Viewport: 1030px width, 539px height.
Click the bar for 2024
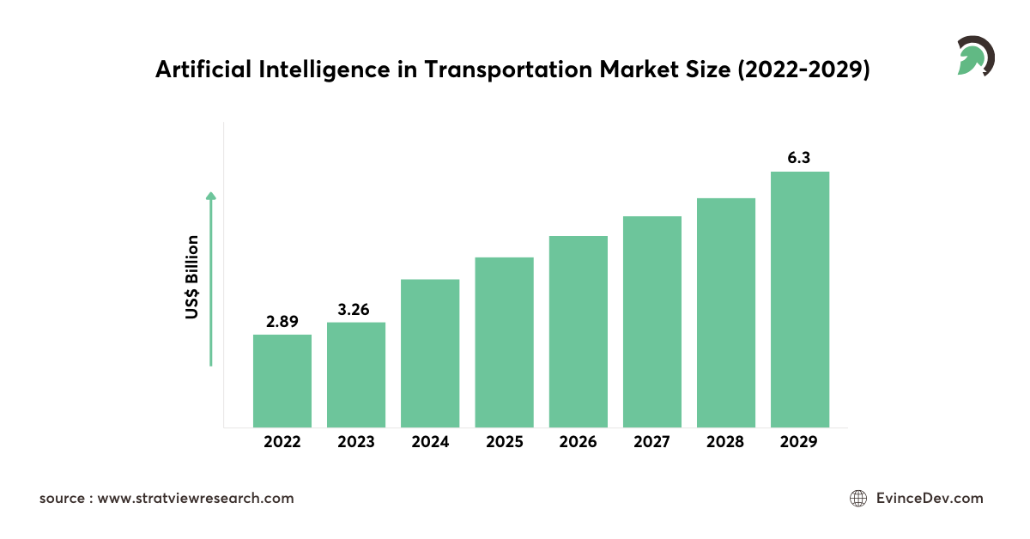click(430, 353)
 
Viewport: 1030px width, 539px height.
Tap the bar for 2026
click(579, 331)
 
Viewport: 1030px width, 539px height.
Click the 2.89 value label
click(282, 321)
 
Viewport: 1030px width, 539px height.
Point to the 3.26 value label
click(354, 310)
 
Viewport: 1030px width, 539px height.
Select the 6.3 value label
click(800, 158)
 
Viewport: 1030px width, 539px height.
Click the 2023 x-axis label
click(356, 443)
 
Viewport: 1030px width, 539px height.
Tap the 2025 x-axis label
click(505, 443)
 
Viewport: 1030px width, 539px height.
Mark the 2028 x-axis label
click(726, 443)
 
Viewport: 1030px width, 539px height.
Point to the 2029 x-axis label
click(800, 443)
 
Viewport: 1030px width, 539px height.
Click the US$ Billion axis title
click(192, 278)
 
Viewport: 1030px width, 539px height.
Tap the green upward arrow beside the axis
click(211, 279)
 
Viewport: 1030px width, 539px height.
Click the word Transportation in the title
click(506, 70)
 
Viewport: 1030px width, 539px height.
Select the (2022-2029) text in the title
click(803, 70)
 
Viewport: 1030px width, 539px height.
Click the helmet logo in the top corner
click(975, 57)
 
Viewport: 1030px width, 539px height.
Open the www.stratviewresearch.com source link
click(196, 499)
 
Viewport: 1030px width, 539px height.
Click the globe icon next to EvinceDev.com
click(857, 499)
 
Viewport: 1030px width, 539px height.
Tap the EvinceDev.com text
click(930, 499)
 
